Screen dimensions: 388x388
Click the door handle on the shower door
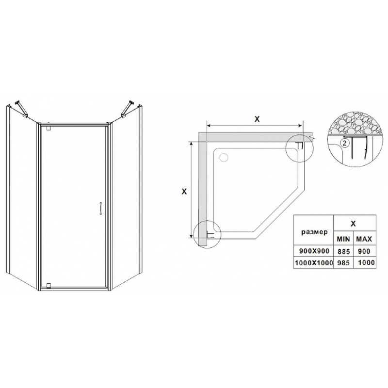[101, 209]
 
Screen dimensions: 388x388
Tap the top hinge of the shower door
[48, 128]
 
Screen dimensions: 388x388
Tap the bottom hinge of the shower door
[48, 285]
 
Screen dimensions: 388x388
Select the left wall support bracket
[21, 109]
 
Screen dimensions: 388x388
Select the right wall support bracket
[128, 108]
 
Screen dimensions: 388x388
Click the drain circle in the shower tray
[224, 157]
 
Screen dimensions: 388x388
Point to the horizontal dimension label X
[258, 119]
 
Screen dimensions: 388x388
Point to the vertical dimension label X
[184, 191]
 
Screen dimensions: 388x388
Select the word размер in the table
[314, 232]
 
